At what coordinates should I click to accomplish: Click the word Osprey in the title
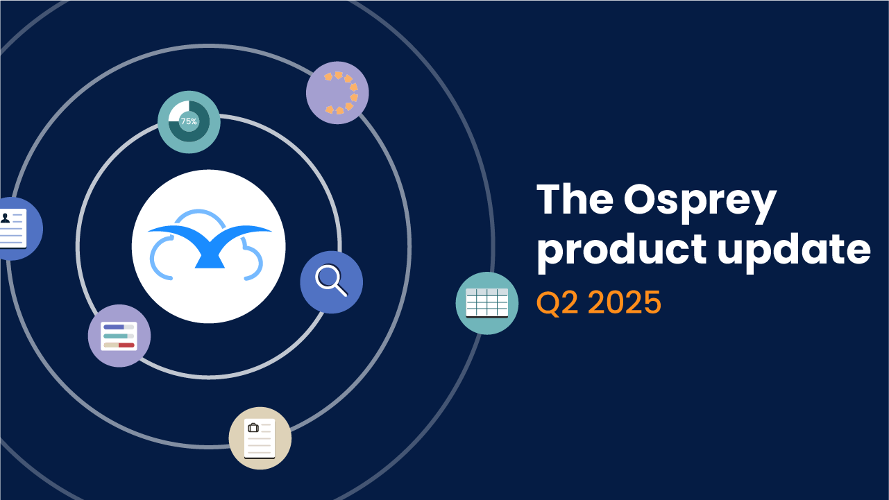coord(700,203)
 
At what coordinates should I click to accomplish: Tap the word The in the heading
coord(575,200)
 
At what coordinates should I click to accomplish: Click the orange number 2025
coord(625,302)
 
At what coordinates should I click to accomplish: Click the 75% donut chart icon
coord(189,122)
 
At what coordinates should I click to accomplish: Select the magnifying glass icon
coord(332,282)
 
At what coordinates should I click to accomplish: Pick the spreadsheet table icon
coord(487,303)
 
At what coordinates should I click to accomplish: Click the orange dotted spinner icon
coord(337,93)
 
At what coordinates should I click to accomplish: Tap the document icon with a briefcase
coord(260,438)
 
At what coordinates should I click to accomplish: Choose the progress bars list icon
coord(119,336)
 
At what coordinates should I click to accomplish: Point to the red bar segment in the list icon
coord(126,345)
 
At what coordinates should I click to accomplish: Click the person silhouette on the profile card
coord(5,218)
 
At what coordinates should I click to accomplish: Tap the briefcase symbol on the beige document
coord(253,428)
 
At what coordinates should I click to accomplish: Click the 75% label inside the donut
coord(189,121)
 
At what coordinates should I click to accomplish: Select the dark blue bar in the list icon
coord(114,327)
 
